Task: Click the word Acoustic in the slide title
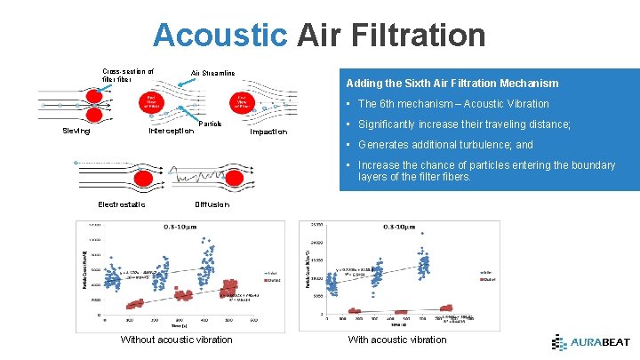tap(220, 36)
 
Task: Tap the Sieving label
tap(76, 132)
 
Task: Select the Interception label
tap(171, 132)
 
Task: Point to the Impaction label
tap(268, 132)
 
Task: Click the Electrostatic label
tap(122, 204)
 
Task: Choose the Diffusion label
tap(212, 204)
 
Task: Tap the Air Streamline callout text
tap(213, 73)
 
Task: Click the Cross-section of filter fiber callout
tap(128, 75)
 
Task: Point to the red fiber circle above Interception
tap(152, 102)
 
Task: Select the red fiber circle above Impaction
tap(242, 102)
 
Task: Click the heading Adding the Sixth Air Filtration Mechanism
tap(452, 84)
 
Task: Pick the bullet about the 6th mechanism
tap(453, 104)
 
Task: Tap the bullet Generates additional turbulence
tap(444, 145)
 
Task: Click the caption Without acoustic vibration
tap(176, 340)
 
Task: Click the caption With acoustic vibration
tap(397, 340)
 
